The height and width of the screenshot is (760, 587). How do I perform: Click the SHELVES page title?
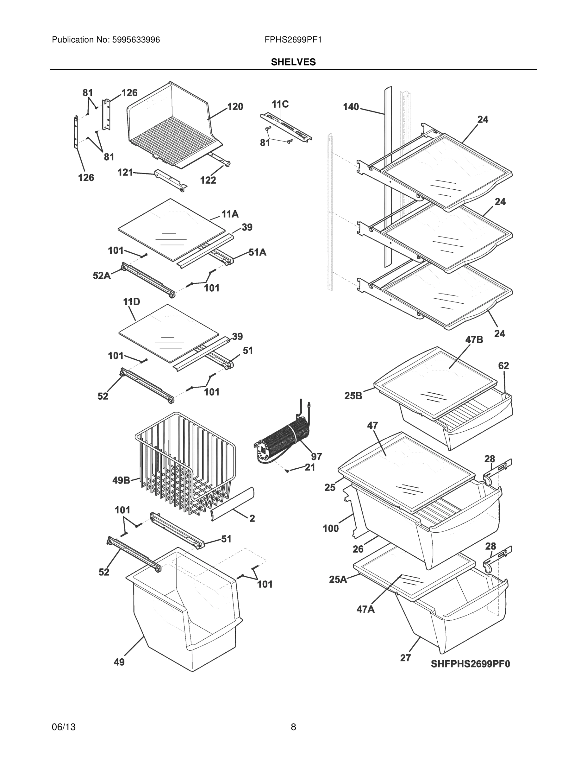coord(293,62)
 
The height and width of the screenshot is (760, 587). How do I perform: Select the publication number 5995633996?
coord(136,40)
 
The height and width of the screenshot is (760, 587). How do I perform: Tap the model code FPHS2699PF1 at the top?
coord(293,40)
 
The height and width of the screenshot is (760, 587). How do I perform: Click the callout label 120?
coord(235,107)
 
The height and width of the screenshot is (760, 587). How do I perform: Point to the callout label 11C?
coord(280,104)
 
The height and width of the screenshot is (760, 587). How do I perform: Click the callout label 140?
coord(351,107)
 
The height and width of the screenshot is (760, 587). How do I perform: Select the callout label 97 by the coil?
coord(316,456)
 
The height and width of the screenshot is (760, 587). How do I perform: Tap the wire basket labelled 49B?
coord(184,463)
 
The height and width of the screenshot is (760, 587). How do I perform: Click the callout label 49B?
coord(121,481)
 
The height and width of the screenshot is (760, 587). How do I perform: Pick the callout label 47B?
coord(474,340)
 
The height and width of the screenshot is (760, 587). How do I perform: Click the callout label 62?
coord(503,366)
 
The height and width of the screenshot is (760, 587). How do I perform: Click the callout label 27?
coord(405,658)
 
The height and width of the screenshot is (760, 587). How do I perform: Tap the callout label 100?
coord(330,529)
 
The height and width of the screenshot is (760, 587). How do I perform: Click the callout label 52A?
coord(102,275)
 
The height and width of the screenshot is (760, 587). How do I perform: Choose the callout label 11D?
coord(131,302)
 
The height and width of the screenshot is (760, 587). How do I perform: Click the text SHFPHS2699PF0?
coord(470,664)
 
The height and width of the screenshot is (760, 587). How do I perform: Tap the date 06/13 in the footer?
coord(64,727)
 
